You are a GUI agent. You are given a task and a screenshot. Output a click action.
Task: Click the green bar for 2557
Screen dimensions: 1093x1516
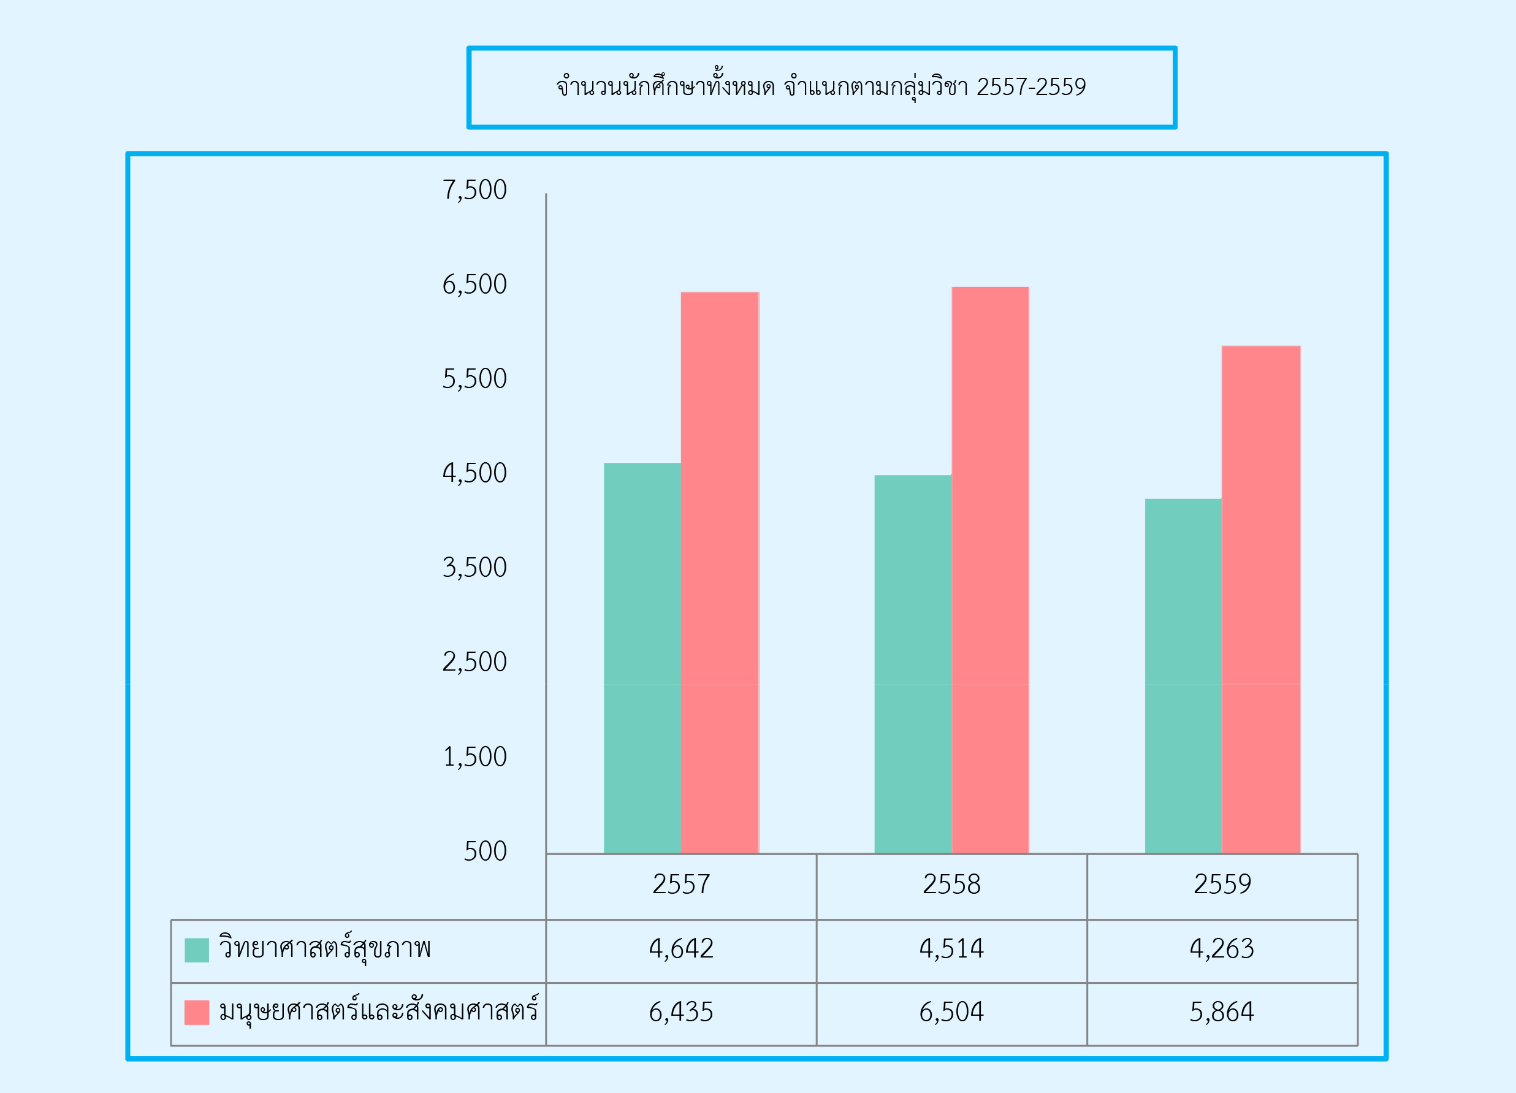point(642,658)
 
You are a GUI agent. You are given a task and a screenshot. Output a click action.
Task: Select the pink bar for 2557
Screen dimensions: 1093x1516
point(719,573)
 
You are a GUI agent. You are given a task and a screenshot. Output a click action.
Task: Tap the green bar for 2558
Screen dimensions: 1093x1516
point(912,665)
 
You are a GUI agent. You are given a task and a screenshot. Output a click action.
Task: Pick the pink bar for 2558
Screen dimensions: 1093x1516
point(990,570)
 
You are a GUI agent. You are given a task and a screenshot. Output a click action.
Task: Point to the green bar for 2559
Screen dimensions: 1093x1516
point(1183,676)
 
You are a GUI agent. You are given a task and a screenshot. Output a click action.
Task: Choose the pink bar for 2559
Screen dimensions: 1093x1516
point(1260,600)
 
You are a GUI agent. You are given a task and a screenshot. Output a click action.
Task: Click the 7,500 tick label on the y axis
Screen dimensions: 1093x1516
point(474,190)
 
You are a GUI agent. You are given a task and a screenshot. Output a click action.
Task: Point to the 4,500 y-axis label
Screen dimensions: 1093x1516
point(474,473)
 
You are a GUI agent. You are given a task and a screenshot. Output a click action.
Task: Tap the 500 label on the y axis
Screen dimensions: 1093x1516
point(485,851)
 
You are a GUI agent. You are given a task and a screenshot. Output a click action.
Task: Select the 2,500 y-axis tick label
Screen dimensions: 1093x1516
point(474,662)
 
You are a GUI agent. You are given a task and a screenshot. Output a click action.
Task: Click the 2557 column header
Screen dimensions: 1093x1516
point(680,885)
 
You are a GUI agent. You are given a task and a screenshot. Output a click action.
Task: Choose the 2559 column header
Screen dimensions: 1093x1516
point(1222,885)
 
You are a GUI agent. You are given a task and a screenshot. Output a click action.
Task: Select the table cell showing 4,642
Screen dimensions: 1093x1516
point(680,948)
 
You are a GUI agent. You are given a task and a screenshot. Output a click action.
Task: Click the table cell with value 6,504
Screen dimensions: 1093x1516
point(951,1012)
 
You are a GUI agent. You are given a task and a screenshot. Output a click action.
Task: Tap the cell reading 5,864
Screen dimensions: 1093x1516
point(1222,1012)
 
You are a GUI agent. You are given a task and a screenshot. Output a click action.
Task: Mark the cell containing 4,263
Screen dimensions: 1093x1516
point(1222,948)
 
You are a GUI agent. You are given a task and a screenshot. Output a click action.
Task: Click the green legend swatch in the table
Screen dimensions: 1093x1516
point(197,950)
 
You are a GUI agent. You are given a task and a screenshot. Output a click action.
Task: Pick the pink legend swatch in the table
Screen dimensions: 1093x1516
point(197,1012)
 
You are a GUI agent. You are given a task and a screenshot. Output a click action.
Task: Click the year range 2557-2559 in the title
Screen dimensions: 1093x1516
point(1030,87)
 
